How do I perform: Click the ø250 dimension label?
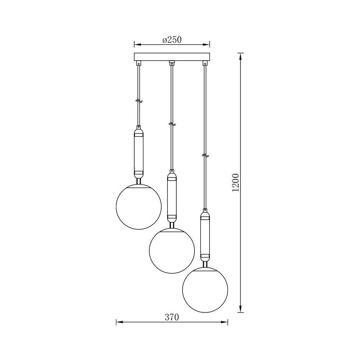click(x=172, y=40)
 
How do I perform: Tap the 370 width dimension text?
click(x=172, y=317)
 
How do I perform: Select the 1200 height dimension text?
click(x=236, y=183)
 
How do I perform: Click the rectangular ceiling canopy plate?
click(x=172, y=57)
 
